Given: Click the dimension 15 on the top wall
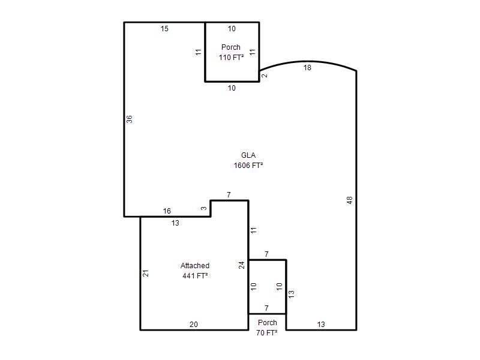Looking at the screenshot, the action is pos(164,29).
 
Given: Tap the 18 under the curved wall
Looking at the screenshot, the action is pos(307,68).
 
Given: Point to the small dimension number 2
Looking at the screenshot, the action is pos(265,76).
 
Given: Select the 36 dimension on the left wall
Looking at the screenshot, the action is pos(130,119).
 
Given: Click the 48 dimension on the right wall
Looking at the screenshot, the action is pos(350,200).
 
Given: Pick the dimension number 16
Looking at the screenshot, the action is pos(167,211).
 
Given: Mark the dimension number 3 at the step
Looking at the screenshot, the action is pos(204,208).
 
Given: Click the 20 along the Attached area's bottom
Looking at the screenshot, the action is pos(194,325).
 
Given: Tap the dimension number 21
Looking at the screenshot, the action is pos(146,273).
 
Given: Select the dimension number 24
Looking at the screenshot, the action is pos(242,265).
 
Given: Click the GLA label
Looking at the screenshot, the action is pos(248,155).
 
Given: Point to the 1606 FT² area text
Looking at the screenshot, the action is pos(248,166).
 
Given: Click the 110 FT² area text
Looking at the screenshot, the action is pos(231,57).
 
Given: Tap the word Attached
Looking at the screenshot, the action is pos(195,265).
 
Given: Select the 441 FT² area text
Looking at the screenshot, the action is pos(195,276).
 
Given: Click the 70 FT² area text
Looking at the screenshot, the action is pos(267,333).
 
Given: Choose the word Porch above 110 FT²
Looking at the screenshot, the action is pos(231,47).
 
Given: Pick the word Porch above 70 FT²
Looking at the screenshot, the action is pos(268,323).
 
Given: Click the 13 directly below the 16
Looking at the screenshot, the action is pos(175,223).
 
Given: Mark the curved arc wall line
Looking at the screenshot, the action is pos(308,62).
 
